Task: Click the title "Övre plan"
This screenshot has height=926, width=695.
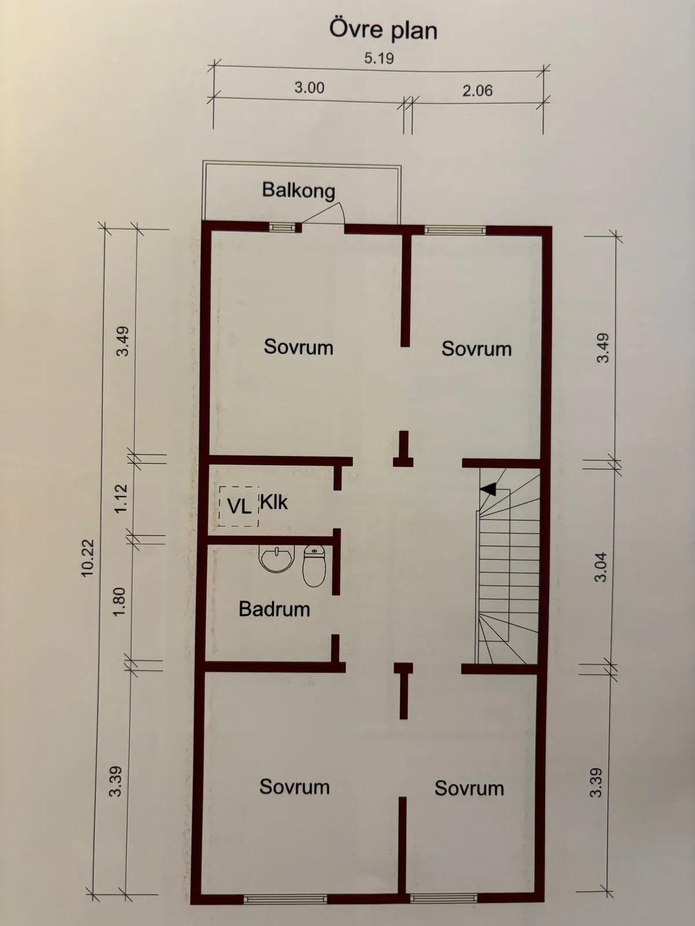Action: coord(383,30)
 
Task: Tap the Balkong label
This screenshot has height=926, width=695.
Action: coord(298,190)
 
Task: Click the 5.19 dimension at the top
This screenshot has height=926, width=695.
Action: coord(379,58)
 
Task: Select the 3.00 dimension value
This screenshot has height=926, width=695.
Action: coord(309,88)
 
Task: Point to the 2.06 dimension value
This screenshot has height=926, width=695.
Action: coord(477,90)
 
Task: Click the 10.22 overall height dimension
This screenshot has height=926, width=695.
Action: coord(87,558)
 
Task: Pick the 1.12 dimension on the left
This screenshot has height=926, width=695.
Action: coord(120,498)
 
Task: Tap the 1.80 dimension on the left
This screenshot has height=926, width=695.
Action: coord(119,601)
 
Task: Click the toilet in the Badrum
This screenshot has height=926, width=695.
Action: coord(314,565)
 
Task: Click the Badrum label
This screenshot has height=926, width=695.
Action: coord(274,609)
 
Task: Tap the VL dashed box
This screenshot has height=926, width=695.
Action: coord(239,506)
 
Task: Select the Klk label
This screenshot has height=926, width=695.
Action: coord(273,502)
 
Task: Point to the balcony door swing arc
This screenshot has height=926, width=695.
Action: coord(330,212)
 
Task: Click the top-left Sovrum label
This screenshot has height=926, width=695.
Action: coord(298,347)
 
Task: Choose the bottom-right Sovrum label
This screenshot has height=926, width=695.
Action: coord(469,788)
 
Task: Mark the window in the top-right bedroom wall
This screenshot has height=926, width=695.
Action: coord(455,230)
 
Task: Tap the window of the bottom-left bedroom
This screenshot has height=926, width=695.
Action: coord(285,899)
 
